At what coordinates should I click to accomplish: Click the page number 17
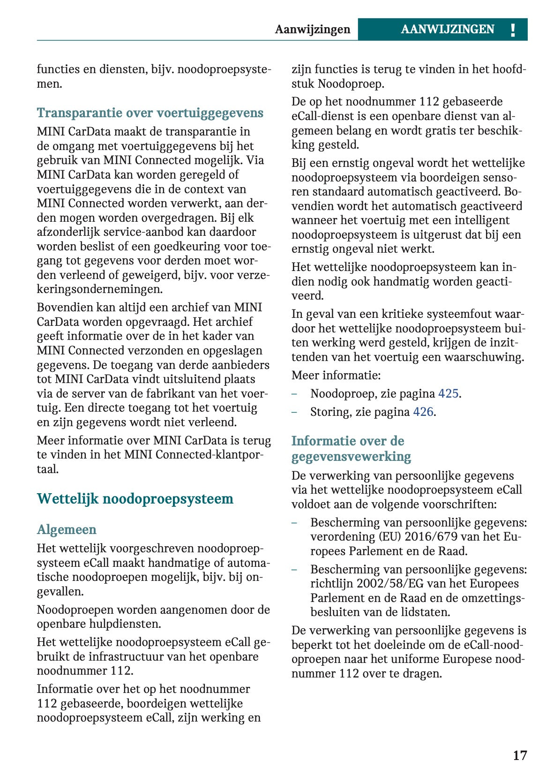520,755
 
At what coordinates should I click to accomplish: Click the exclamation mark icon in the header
513,30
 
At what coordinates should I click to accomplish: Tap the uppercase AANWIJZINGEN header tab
447,30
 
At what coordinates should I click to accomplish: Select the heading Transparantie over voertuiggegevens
150,113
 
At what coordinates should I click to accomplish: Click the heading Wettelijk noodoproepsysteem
135,498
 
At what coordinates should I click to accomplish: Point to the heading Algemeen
67,529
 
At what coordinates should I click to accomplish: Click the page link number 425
448,393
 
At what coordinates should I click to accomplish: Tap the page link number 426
423,412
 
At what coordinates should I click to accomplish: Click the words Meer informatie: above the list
336,375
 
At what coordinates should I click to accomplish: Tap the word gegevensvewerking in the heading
351,456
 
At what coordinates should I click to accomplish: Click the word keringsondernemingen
99,289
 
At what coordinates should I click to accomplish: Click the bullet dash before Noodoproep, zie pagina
294,393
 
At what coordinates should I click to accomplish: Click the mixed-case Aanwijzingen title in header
312,30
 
